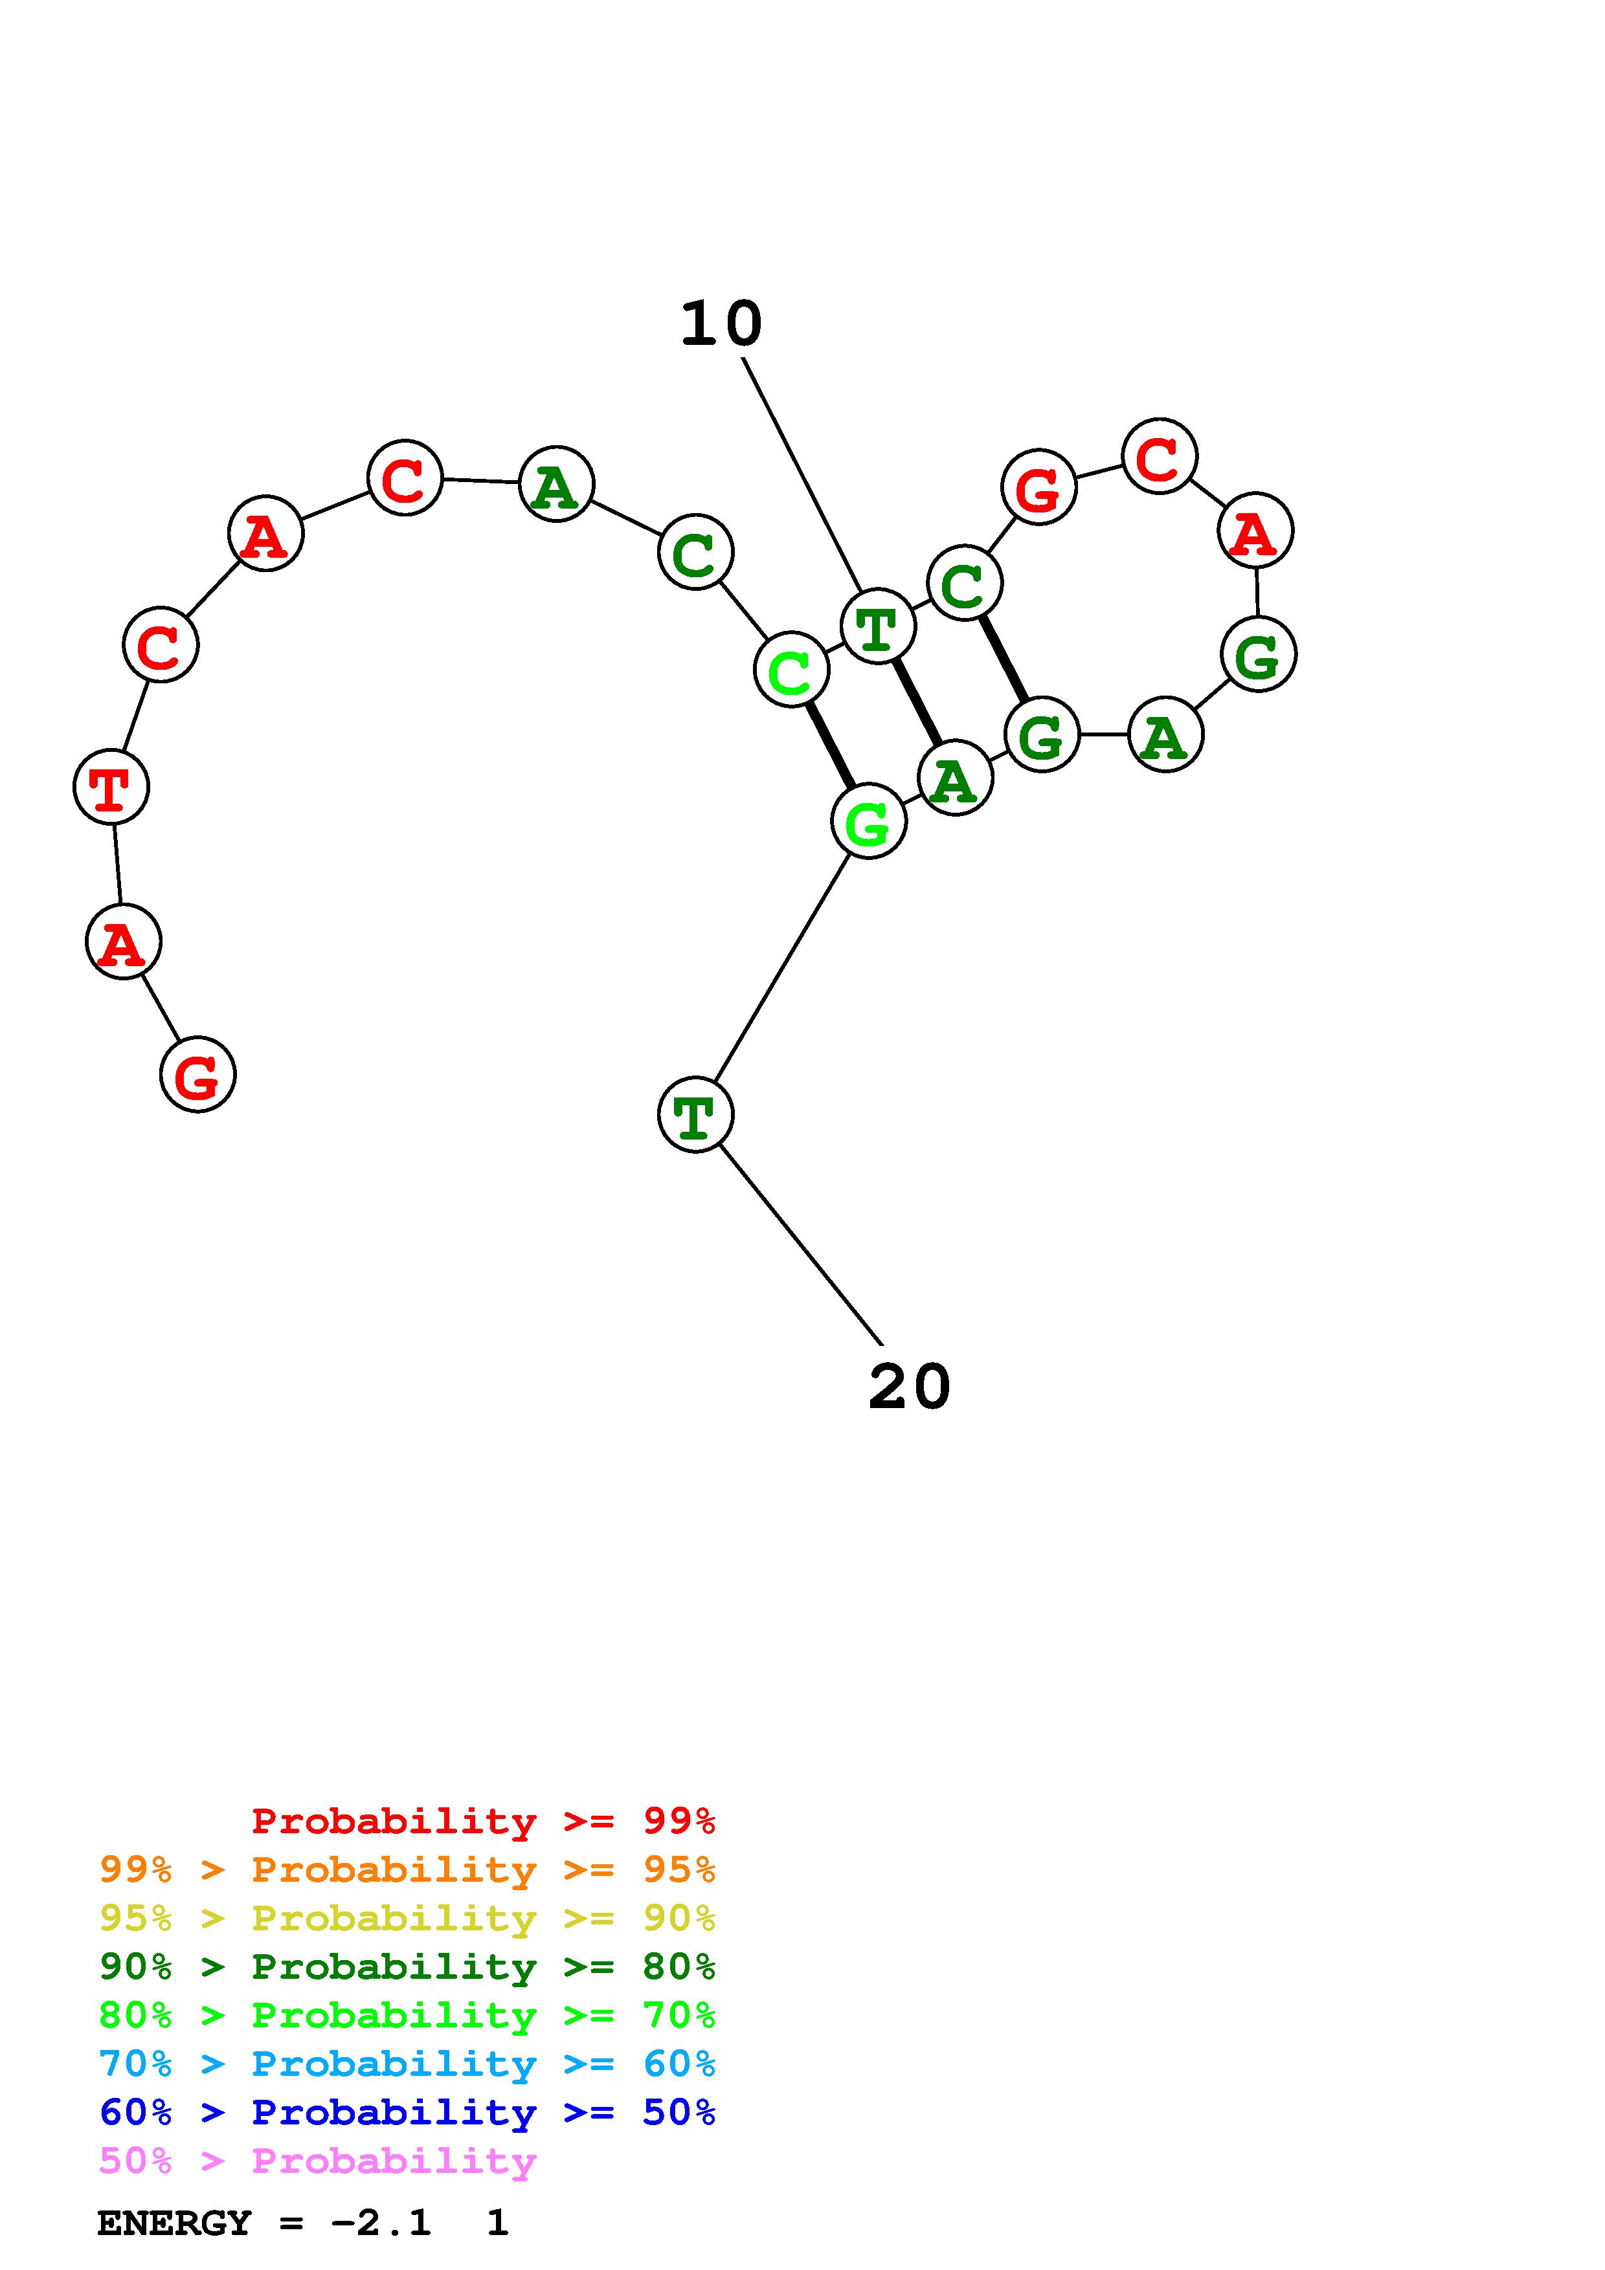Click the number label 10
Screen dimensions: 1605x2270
pos(721,324)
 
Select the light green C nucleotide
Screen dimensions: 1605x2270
pos(791,670)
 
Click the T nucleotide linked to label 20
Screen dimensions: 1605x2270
pos(695,1115)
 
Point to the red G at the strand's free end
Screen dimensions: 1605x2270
pos(197,1075)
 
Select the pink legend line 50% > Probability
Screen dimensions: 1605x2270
pos(317,2161)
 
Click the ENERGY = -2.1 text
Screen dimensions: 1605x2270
pos(264,2223)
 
